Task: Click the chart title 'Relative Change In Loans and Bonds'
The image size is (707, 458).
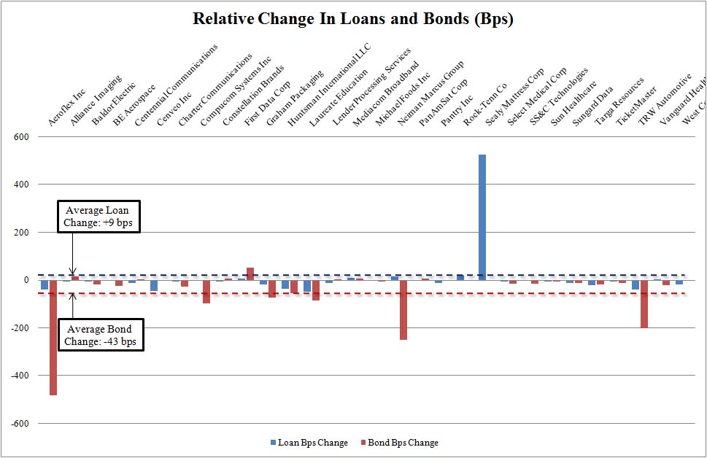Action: (x=353, y=19)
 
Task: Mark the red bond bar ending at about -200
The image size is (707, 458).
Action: (x=644, y=303)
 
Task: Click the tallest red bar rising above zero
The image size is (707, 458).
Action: (x=250, y=273)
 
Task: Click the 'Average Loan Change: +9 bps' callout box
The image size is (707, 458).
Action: (x=97, y=217)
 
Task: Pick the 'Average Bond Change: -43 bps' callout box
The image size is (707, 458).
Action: (x=97, y=335)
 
